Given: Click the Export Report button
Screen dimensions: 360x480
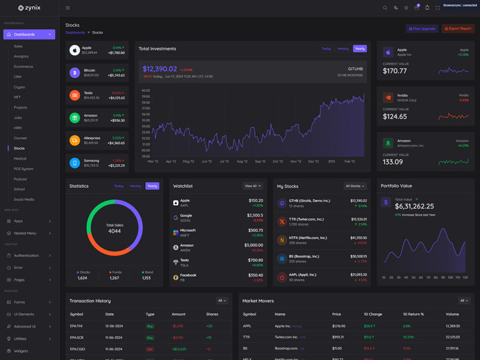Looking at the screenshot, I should (x=458, y=29).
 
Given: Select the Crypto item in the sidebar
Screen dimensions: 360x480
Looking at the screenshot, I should (x=20, y=87).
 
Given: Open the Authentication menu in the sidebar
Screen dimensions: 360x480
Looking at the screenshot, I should (x=26, y=256).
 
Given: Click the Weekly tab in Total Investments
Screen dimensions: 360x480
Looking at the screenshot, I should (x=343, y=49).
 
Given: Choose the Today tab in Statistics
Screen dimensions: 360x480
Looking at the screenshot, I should (x=119, y=186).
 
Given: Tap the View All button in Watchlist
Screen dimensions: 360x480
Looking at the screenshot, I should (x=253, y=186).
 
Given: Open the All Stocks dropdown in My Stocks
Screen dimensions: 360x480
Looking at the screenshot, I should (x=355, y=186).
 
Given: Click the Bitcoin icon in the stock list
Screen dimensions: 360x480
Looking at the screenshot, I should (x=74, y=73).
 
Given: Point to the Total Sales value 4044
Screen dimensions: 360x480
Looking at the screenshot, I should (x=114, y=231).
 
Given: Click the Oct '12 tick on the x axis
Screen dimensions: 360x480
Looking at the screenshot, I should (x=278, y=161).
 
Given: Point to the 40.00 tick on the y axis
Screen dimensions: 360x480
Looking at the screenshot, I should (x=146, y=91).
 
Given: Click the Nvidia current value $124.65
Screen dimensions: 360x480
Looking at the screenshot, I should (x=394, y=116).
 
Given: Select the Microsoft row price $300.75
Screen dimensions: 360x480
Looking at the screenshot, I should (x=255, y=230).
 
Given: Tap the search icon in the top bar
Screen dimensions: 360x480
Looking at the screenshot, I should (x=385, y=8).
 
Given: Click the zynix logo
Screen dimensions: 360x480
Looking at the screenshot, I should (x=29, y=8).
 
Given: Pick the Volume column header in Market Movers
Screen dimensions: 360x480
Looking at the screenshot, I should (x=452, y=314).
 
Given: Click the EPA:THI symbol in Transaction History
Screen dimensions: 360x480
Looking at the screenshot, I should (x=76, y=326).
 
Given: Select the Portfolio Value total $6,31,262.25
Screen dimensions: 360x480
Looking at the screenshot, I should (x=415, y=206).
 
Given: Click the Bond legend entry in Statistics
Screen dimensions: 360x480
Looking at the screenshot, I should (x=146, y=272).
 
